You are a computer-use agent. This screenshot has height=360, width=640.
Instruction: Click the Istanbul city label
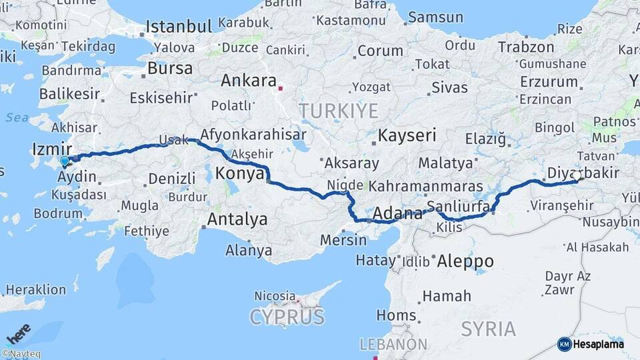[179, 27]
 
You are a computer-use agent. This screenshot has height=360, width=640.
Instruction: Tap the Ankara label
[248, 81]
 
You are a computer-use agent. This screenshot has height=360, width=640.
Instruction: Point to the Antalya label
[237, 219]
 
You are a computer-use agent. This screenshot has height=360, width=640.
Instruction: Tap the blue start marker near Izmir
[65, 161]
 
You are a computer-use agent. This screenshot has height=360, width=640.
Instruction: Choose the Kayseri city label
[407, 136]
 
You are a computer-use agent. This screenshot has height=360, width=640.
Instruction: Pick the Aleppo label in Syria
[465, 261]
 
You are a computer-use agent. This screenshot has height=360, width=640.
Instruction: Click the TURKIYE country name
[338, 111]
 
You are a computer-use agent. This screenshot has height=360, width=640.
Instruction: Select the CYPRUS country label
[287, 317]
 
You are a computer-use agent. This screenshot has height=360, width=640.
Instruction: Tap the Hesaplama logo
[591, 344]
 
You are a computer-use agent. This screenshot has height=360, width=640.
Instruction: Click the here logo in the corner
[19, 333]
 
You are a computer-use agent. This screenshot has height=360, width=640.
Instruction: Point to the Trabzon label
[526, 47]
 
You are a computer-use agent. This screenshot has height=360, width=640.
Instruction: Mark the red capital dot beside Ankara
[281, 87]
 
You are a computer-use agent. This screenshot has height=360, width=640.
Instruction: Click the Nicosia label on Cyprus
[275, 295]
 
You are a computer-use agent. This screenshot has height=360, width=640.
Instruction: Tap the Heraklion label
[35, 290]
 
